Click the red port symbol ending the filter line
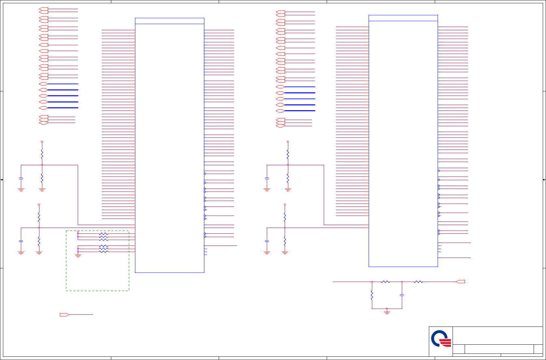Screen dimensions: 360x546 point(460,282)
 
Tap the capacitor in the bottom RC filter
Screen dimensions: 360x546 point(402,295)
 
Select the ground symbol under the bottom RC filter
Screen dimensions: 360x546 point(387,312)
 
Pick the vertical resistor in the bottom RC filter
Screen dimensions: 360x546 point(372,295)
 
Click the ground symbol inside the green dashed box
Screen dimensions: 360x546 point(78,256)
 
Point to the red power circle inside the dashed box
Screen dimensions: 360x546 point(78,232)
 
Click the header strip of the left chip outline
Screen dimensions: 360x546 point(170,21)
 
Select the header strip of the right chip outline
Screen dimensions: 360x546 point(403,18)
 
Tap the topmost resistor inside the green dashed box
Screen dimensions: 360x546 point(103,233)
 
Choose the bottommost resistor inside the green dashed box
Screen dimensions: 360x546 point(103,252)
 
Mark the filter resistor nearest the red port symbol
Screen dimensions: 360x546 point(418,282)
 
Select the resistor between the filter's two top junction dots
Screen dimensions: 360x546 point(386,282)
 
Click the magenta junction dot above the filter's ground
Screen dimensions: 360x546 point(387,309)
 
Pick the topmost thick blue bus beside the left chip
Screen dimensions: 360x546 point(63,84)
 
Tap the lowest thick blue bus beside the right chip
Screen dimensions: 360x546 point(300,111)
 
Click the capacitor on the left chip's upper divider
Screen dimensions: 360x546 point(21,178)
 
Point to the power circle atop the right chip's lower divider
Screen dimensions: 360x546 point(285,205)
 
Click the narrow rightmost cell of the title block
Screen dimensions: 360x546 point(538,349)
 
